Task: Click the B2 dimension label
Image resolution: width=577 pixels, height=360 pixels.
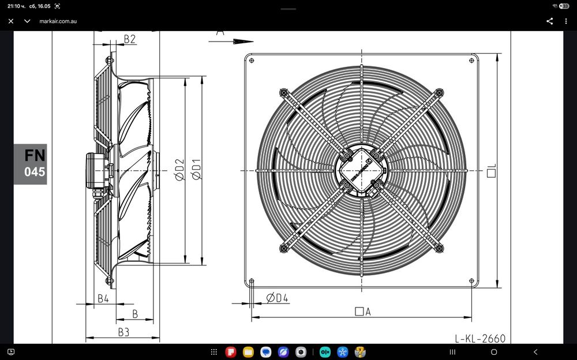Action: click(129, 39)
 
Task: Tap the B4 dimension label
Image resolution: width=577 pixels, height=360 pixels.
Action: click(103, 298)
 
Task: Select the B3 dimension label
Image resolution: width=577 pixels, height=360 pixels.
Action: click(123, 332)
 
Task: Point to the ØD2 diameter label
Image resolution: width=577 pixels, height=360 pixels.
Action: click(179, 170)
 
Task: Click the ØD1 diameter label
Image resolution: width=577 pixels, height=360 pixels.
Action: click(197, 170)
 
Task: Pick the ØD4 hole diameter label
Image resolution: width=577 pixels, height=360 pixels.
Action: click(277, 298)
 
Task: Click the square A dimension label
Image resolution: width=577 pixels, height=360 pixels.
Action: click(363, 312)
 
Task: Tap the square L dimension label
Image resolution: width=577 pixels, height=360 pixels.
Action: click(492, 170)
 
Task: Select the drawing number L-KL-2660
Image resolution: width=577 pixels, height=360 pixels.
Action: click(480, 338)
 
